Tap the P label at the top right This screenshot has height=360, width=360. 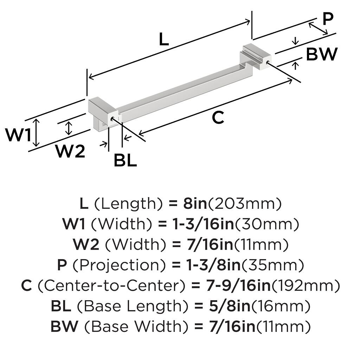click(x=328, y=19)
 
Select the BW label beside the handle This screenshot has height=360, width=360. click(x=321, y=54)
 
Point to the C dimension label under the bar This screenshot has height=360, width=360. click(x=218, y=117)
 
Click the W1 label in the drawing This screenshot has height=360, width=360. click(x=19, y=135)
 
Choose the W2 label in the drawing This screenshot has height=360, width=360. click(x=70, y=152)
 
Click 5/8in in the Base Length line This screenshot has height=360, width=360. click(x=223, y=306)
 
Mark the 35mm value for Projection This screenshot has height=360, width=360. click(x=273, y=265)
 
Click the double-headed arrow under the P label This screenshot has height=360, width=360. click(x=318, y=28)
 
